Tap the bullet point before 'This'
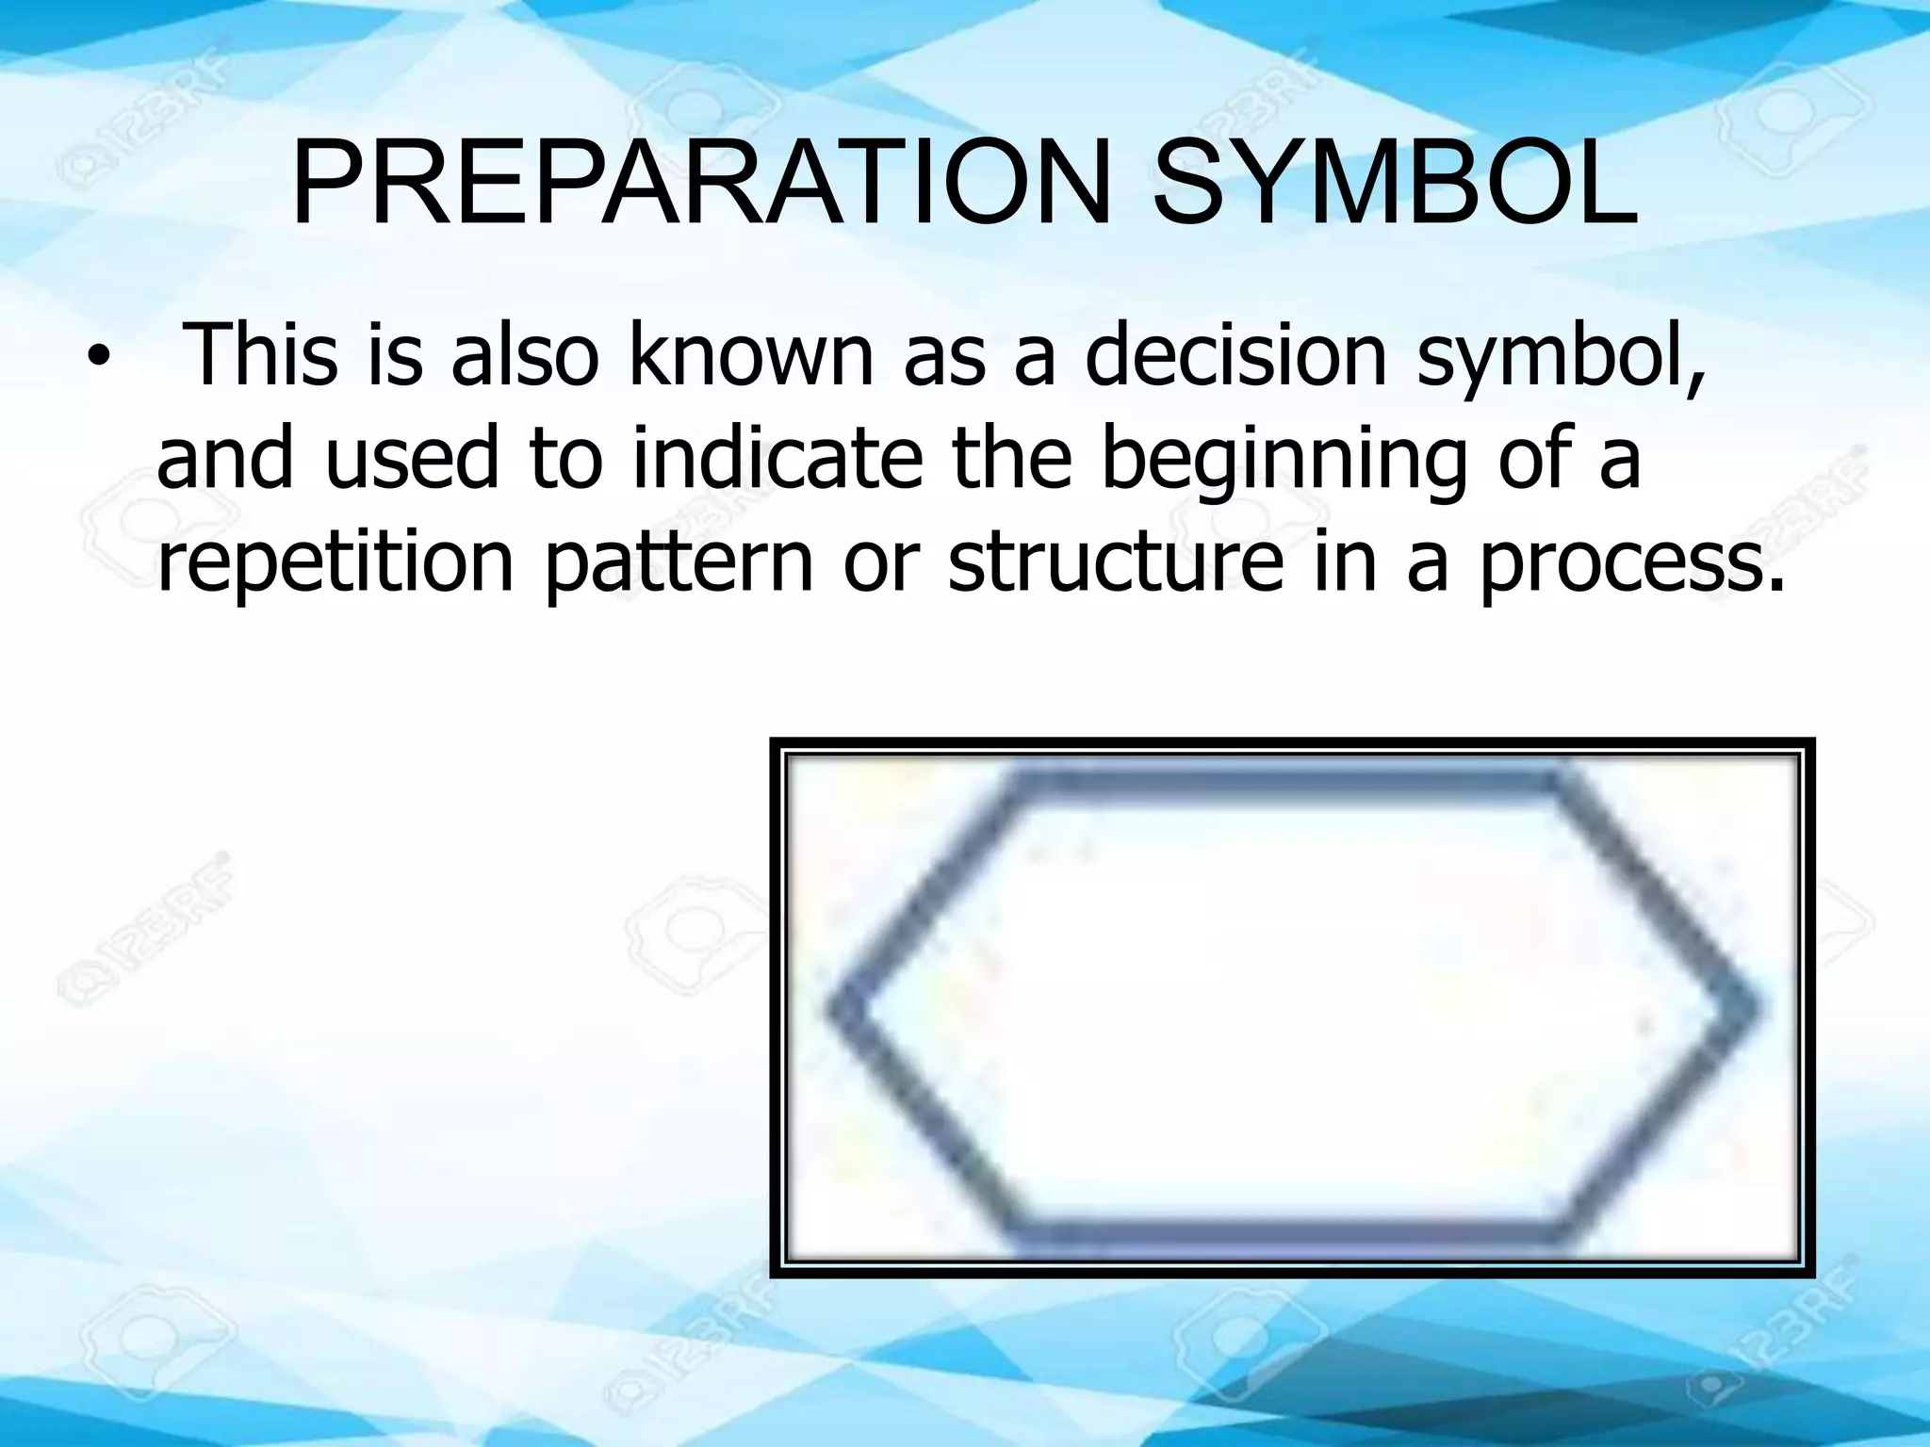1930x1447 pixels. point(96,362)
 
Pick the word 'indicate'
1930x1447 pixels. point(777,460)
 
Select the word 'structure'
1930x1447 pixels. point(1116,562)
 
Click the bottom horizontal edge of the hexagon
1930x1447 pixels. point(1291,1235)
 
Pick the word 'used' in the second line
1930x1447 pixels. point(411,460)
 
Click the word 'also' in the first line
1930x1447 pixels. point(524,356)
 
